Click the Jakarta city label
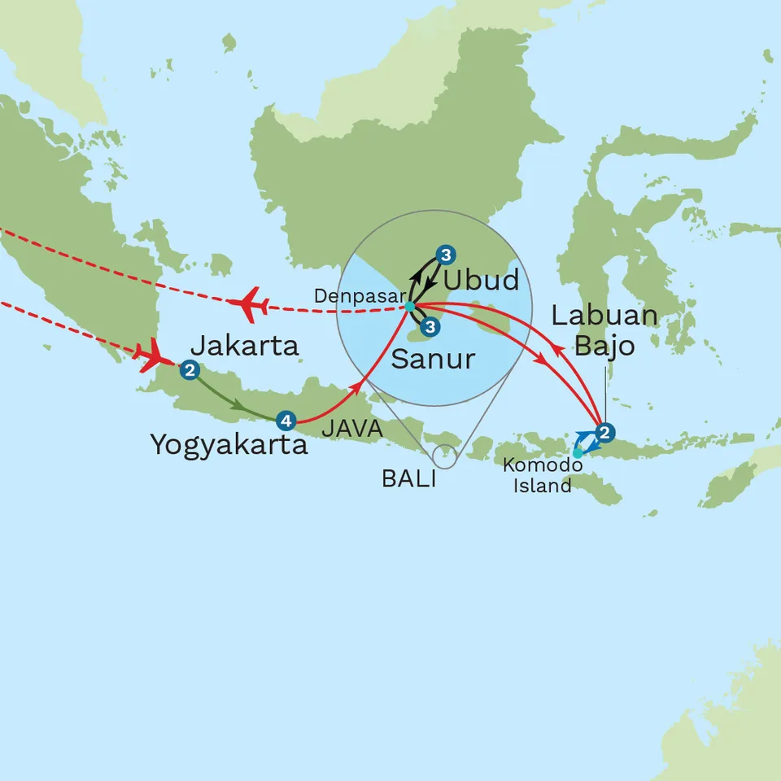[246, 347]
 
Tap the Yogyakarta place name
[229, 445]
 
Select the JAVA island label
[352, 428]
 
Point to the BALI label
[408, 479]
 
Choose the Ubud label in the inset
[481, 281]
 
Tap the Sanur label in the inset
[433, 359]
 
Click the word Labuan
[605, 316]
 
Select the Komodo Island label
[542, 475]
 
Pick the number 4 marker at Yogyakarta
[284, 421]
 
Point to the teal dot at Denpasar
[409, 306]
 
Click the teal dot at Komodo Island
[577, 453]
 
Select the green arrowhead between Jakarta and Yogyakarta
[238, 404]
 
